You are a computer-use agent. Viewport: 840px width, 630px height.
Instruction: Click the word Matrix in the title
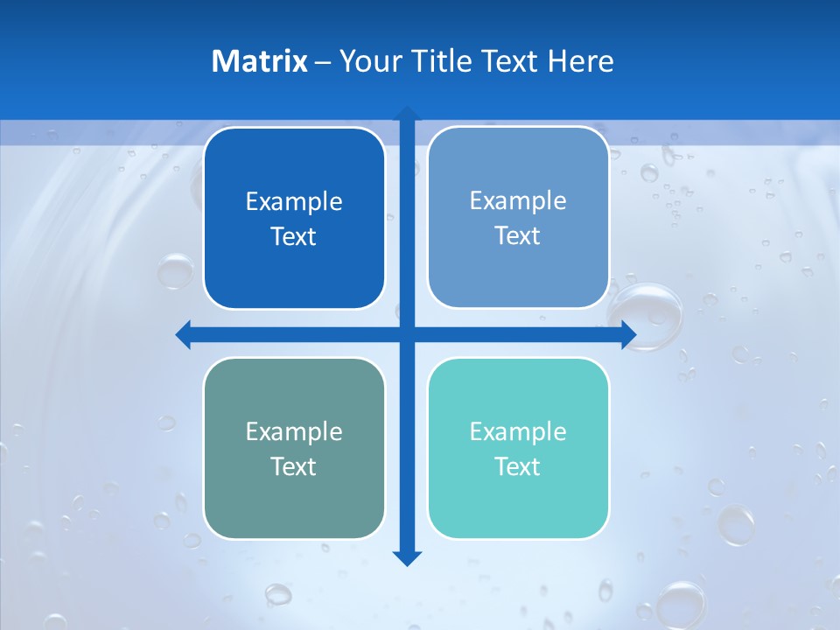(259, 61)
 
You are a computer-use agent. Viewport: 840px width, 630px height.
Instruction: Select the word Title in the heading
(444, 61)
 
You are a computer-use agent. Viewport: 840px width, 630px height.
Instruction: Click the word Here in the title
(580, 61)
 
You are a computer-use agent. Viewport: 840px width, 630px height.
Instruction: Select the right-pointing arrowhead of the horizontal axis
(628, 334)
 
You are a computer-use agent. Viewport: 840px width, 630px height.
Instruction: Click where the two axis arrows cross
(407, 334)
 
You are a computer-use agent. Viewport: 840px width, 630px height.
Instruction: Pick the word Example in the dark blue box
(294, 202)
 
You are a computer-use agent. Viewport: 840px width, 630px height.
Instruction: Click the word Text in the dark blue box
(294, 237)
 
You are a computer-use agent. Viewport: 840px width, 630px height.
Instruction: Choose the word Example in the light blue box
(518, 201)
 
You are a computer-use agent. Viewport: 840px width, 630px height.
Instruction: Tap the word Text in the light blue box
(518, 236)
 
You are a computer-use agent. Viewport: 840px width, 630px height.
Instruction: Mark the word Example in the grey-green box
(294, 431)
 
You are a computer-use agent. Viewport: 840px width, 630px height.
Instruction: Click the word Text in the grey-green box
(294, 466)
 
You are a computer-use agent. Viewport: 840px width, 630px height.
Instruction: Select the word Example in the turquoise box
(518, 431)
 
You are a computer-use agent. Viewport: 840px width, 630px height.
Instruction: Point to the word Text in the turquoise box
(518, 466)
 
